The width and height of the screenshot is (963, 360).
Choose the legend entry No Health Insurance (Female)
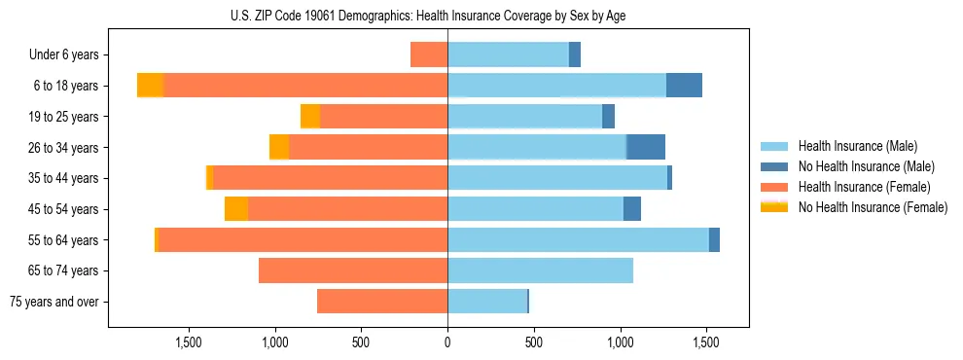pos(873,207)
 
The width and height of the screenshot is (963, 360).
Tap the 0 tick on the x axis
pos(447,342)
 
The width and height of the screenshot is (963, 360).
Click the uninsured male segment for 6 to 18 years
pos(684,86)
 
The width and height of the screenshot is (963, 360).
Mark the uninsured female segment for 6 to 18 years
pos(150,86)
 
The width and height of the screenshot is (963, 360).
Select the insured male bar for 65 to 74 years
pos(540,270)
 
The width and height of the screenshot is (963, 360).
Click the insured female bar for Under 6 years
pos(429,54)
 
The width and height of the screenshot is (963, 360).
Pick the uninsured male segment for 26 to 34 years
pos(646,147)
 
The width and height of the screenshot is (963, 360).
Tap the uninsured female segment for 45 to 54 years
pos(236,209)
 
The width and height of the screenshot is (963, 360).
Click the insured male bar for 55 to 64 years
pos(578,239)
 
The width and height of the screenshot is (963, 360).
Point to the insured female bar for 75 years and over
pos(382,302)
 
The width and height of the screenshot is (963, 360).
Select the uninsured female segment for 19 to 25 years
pos(310,117)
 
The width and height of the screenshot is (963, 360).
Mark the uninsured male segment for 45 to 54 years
pos(632,209)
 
